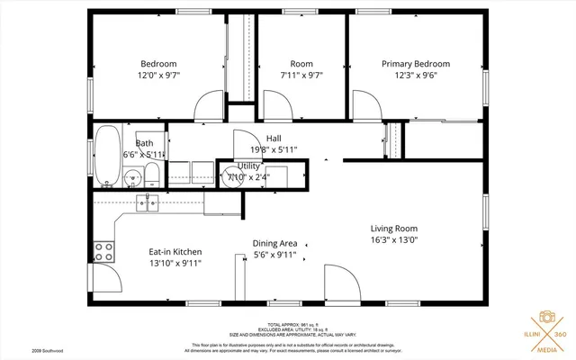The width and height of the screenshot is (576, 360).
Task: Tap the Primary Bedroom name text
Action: pos(415,64)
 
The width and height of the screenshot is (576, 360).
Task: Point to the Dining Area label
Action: pos(274,243)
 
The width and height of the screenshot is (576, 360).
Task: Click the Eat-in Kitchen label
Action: pos(175,252)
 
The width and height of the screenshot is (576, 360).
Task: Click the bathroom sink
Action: pos(132,177)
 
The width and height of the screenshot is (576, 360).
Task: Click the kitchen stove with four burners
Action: pos(105,250)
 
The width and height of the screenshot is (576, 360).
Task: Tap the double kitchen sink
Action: pos(149,203)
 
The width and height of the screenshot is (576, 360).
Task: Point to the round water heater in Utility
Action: pos(232,175)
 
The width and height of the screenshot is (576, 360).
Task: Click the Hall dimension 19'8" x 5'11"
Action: pos(274,150)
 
